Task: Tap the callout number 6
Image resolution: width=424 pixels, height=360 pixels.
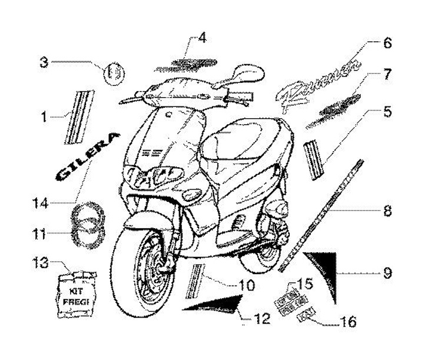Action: tap(387, 44)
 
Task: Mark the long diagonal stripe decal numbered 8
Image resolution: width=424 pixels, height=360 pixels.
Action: tap(321, 215)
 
